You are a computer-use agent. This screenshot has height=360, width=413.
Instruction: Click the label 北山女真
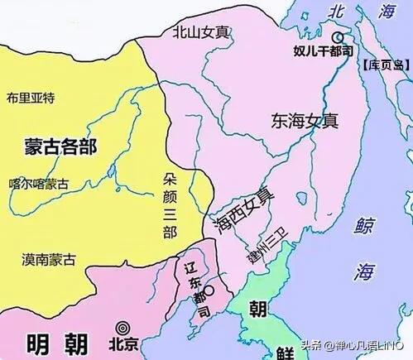click(202, 32)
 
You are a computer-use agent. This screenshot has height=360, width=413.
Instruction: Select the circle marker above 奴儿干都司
click(337, 38)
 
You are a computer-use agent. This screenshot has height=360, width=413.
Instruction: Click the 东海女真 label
click(304, 120)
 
